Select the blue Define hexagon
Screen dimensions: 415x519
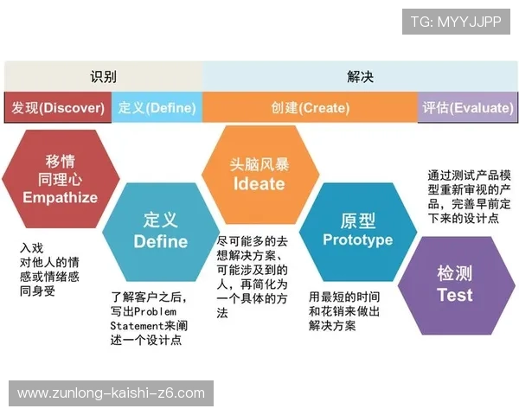click(160, 231)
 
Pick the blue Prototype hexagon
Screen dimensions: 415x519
click(357, 230)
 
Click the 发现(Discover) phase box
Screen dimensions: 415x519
click(58, 108)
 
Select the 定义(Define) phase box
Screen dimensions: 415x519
click(157, 108)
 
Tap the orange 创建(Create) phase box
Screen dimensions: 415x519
click(310, 108)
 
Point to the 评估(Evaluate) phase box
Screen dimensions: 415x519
click(466, 108)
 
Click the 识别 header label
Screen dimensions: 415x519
click(103, 76)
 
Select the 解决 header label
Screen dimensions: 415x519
click(360, 76)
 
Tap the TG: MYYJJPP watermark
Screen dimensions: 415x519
click(456, 21)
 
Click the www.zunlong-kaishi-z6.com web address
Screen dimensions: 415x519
click(111, 393)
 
